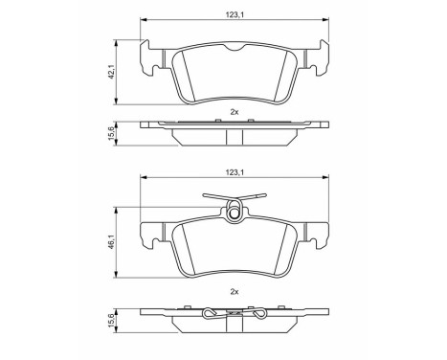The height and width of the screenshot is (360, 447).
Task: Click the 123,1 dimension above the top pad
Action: coord(235,14)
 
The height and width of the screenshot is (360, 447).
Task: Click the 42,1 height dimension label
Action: coord(111,72)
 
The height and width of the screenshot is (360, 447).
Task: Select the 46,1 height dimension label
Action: coord(111,242)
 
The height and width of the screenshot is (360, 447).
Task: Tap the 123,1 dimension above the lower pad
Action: coord(235,172)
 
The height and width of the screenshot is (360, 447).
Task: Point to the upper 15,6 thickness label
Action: coord(111,133)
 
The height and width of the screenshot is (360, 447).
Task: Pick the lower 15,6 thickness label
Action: coord(111,321)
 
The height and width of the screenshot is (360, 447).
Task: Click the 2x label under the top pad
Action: coord(235,112)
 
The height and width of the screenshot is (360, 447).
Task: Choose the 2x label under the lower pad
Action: coord(235,291)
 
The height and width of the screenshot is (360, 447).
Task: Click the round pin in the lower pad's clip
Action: coord(235,214)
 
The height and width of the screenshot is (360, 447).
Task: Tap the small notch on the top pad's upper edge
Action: coord(235,48)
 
